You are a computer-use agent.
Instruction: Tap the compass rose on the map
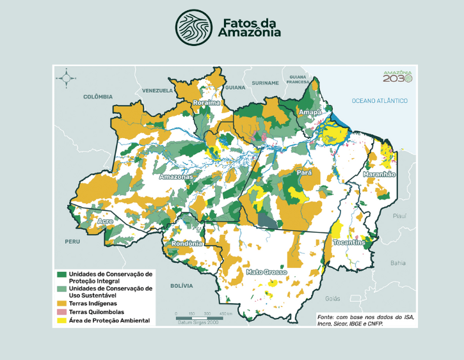(66, 79)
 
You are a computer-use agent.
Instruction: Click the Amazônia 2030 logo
(397, 75)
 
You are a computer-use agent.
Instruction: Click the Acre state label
(106, 221)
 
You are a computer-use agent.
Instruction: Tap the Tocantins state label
(349, 243)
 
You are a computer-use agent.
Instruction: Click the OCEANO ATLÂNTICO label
(380, 101)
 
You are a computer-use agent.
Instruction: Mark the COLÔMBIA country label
(97, 97)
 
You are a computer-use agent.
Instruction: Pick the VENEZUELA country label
(158, 91)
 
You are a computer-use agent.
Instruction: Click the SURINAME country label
(265, 83)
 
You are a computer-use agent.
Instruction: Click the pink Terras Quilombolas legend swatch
(62, 311)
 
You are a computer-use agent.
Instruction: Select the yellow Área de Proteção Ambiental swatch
(62, 320)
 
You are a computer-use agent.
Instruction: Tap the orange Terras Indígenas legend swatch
(62, 302)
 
